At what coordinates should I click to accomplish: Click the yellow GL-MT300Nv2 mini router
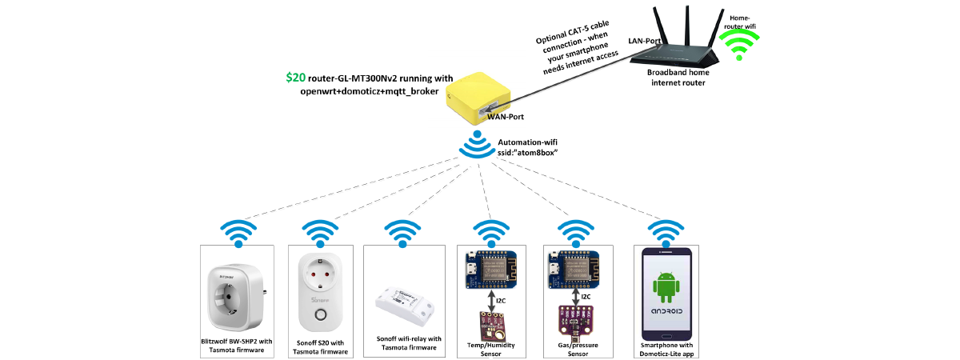(x=477, y=98)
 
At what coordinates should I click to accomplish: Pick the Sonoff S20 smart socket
(x=320, y=291)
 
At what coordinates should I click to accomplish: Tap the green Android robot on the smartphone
(x=665, y=286)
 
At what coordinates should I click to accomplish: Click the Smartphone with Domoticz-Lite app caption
(x=665, y=349)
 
